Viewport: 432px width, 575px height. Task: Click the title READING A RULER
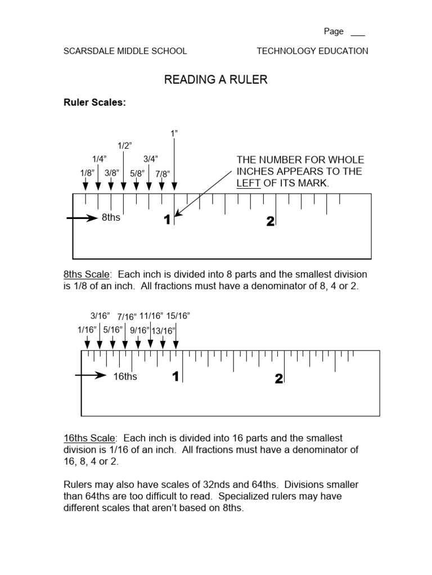(215, 80)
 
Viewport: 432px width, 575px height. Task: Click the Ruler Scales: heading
(94, 103)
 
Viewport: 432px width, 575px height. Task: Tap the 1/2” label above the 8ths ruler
(124, 146)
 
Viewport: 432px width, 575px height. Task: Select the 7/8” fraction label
(163, 174)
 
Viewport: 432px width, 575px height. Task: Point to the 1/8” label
(87, 174)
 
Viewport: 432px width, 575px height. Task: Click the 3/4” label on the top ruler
(150, 159)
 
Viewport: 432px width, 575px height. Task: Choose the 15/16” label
(178, 316)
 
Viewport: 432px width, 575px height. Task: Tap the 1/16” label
(87, 330)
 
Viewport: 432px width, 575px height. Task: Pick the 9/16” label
(139, 331)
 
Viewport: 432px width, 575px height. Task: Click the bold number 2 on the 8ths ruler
(270, 222)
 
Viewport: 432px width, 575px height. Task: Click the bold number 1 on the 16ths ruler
(175, 377)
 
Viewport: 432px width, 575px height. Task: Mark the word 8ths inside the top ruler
(111, 218)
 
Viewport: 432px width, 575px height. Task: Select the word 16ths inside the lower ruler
(125, 376)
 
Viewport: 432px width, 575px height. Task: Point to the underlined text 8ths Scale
(87, 275)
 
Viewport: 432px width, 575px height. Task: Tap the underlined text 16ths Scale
(89, 438)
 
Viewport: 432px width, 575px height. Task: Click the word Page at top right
(334, 31)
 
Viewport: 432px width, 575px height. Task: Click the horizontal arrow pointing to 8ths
(82, 218)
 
